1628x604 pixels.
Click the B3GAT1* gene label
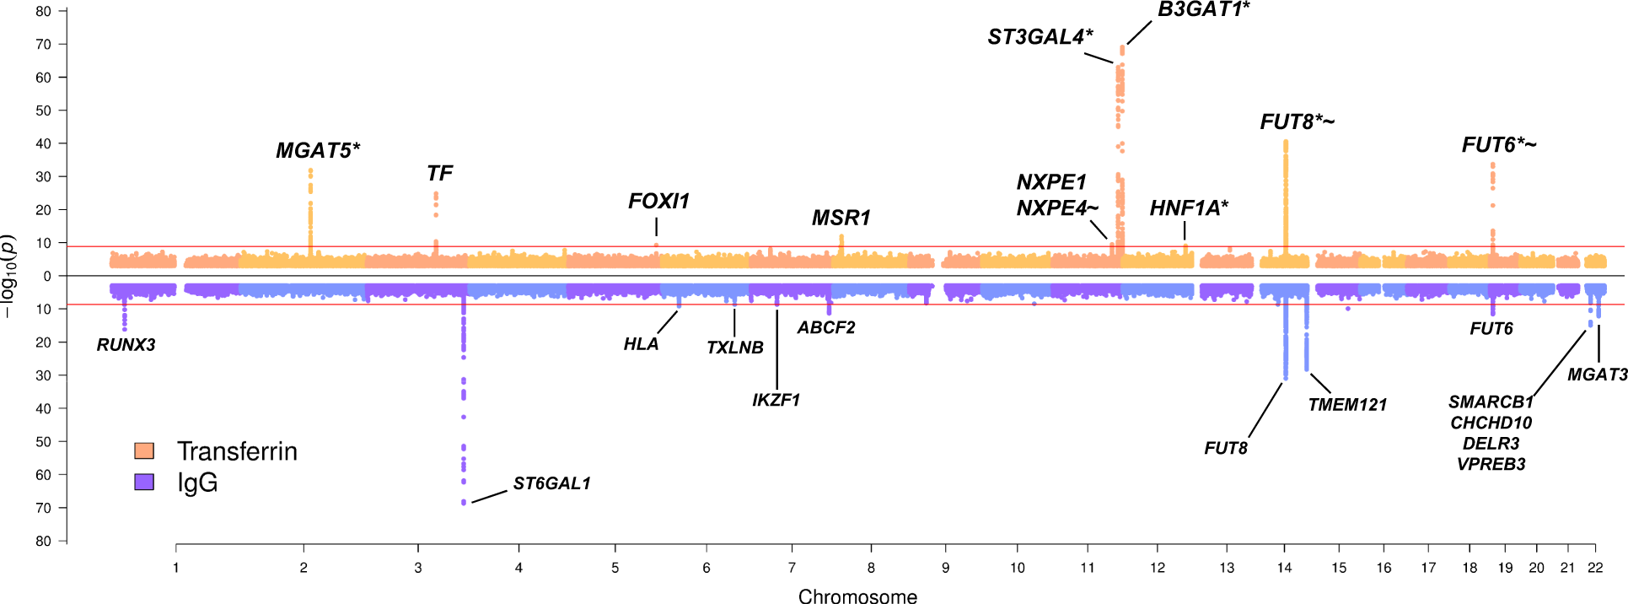(1203, 10)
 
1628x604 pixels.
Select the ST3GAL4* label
(1040, 37)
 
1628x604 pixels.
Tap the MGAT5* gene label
(318, 151)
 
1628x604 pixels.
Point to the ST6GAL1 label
(551, 483)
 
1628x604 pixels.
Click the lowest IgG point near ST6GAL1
(464, 503)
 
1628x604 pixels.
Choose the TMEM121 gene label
(1347, 405)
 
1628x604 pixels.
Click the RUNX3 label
(126, 345)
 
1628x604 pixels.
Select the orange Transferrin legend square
(144, 450)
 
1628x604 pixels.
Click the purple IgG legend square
(144, 482)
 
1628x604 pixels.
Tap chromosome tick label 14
(1284, 568)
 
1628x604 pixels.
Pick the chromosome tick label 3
(418, 568)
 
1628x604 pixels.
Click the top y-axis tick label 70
(43, 45)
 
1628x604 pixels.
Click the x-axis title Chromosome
(857, 596)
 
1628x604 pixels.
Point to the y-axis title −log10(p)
(8, 276)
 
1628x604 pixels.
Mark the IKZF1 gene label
(776, 400)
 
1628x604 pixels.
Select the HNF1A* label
(1189, 208)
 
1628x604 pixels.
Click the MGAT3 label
(1597, 375)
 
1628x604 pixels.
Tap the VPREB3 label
(1491, 464)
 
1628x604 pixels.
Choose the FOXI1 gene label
(658, 202)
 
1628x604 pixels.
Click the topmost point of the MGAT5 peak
(310, 170)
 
